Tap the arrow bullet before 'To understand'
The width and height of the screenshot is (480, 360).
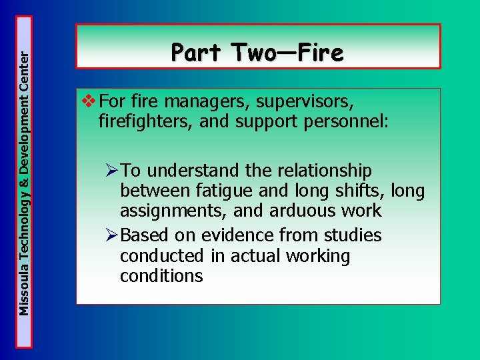[112, 171]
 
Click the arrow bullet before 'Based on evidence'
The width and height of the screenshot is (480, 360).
[112, 235]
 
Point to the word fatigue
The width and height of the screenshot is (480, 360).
[225, 191]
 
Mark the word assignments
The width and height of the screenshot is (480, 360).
[167, 211]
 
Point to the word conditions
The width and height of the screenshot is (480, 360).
[161, 276]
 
